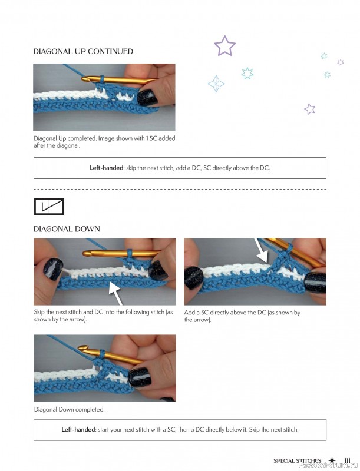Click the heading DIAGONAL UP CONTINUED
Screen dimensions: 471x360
click(x=83, y=52)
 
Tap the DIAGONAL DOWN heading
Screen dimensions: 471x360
click(x=67, y=228)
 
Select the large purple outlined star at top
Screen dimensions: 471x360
click(x=224, y=46)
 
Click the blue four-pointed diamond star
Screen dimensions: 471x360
click(x=216, y=84)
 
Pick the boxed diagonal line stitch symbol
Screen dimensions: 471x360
click(x=49, y=206)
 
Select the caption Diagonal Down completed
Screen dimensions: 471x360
click(x=69, y=409)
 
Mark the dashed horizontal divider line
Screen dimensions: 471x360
click(x=180, y=190)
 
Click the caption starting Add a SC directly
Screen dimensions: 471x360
click(x=242, y=316)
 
